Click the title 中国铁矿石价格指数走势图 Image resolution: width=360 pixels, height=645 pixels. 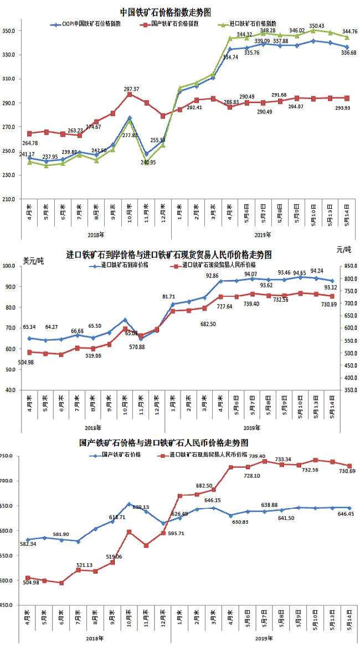point(166,12)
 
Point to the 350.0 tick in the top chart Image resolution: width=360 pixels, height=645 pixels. point(11,30)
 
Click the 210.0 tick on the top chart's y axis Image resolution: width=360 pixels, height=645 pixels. point(11,199)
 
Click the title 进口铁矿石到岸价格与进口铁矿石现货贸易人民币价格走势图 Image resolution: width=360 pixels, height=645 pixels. point(169,255)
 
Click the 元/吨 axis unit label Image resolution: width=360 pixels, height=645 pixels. point(343,251)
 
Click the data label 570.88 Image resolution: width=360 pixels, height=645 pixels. point(146,347)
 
